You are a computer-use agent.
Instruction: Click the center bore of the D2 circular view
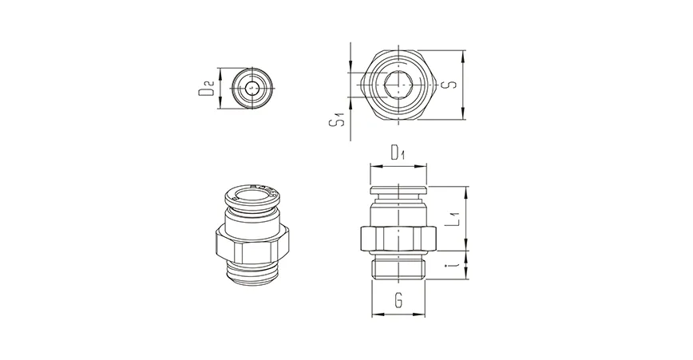click(x=252, y=88)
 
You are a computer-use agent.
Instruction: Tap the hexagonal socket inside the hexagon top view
click(x=398, y=85)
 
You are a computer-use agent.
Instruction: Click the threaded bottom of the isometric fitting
click(x=251, y=270)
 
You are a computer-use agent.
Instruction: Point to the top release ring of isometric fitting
click(x=251, y=193)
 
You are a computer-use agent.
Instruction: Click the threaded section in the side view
click(x=398, y=266)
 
